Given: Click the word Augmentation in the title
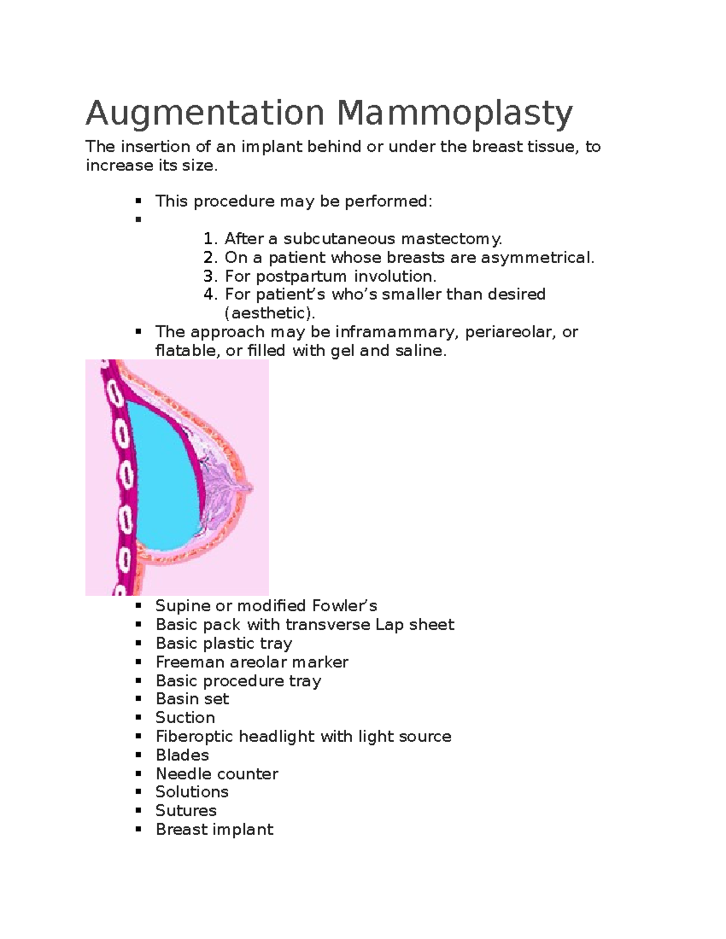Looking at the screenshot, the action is [x=205, y=114].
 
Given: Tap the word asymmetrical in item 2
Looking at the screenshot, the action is [x=537, y=258].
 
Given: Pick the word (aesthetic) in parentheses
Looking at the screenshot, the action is [x=270, y=313].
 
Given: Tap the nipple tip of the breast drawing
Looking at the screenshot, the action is [x=249, y=487].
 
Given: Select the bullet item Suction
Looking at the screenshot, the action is [x=185, y=718].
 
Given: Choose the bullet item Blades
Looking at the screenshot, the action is [x=182, y=755].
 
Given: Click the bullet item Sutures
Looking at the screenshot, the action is [x=186, y=811].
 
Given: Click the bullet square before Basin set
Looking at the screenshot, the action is [x=139, y=700].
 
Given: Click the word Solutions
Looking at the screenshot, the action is [x=192, y=792].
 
